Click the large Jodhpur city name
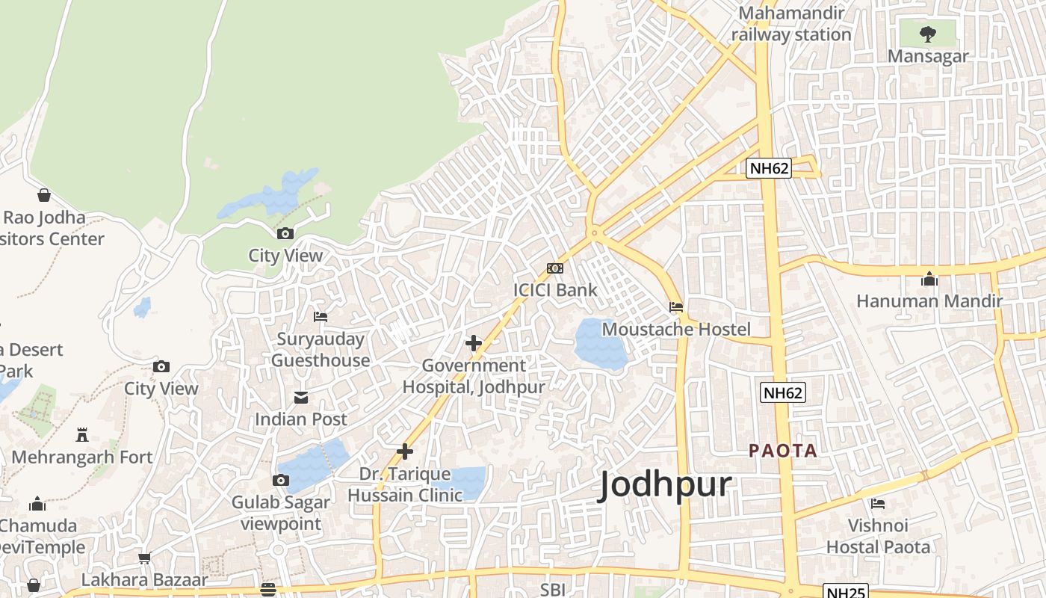pos(665,486)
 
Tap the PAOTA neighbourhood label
pos(783,451)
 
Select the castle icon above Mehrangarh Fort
pos(82,435)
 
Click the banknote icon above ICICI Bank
pos(554,268)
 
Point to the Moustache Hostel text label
pos(675,330)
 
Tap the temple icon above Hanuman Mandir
pos(929,279)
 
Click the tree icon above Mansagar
pos(927,34)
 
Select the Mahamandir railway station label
pos(791,24)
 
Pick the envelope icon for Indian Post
pos(301,397)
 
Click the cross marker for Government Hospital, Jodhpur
pos(474,343)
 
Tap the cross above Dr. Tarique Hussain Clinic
pos(405,451)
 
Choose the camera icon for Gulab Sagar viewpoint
pos(281,480)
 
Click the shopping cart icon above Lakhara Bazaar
pos(145,558)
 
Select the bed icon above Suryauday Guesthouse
pos(321,317)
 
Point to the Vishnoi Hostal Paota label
pos(878,537)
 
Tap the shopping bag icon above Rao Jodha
pos(44,195)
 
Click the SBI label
pos(552,590)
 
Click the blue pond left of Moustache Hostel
pos(600,344)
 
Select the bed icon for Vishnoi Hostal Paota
pos(878,504)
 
